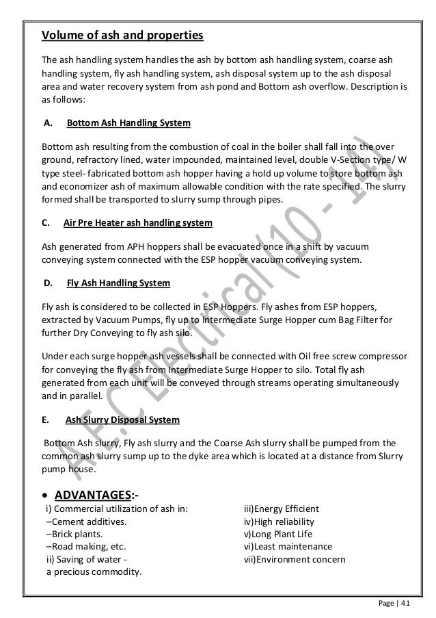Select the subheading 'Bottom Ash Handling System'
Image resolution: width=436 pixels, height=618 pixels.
(128, 124)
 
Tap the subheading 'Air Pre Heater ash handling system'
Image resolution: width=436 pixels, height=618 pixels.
(137, 223)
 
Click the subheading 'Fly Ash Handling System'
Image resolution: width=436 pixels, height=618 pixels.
(118, 282)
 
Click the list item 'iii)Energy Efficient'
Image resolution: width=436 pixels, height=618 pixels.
(282, 509)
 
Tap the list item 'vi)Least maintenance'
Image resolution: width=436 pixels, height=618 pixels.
(288, 547)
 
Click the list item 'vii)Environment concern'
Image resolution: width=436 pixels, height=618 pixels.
(295, 559)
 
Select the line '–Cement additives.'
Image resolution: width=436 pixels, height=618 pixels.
(86, 522)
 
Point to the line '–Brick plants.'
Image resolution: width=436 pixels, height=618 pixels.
(74, 534)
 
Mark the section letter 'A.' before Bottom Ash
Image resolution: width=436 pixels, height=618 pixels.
(48, 124)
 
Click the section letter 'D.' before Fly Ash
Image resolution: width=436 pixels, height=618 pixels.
(49, 282)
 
